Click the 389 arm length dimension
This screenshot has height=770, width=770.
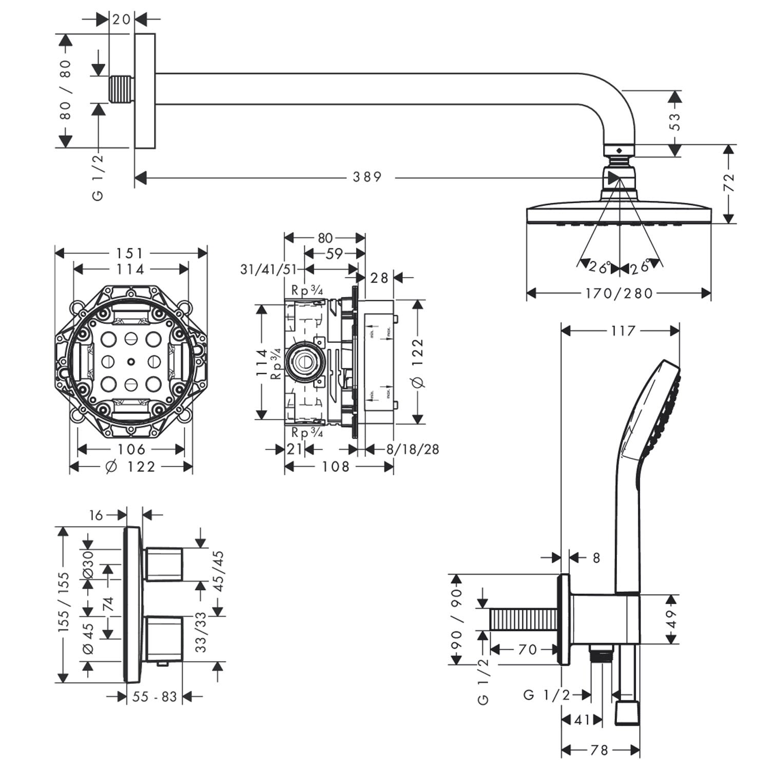click(x=367, y=177)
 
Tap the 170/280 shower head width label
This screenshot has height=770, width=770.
click(x=619, y=294)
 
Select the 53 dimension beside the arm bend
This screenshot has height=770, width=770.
click(x=676, y=122)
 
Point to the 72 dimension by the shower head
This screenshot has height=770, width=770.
click(x=729, y=183)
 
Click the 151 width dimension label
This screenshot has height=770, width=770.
click(x=130, y=253)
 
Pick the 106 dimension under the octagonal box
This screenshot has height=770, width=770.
click(x=131, y=450)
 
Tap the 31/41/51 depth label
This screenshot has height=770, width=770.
click(x=268, y=269)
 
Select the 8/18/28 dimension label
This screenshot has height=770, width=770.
click(x=413, y=450)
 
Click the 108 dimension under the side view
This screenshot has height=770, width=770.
click(x=336, y=467)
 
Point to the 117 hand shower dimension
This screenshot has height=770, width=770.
click(x=623, y=331)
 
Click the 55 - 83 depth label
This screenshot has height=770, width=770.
click(x=155, y=697)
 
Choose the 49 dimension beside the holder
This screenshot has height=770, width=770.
click(x=672, y=619)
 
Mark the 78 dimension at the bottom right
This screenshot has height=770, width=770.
click(x=599, y=750)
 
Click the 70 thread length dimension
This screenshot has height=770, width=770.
click(x=527, y=650)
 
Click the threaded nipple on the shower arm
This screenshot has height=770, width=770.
click(x=122, y=90)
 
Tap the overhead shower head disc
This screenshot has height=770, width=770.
click(x=620, y=214)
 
